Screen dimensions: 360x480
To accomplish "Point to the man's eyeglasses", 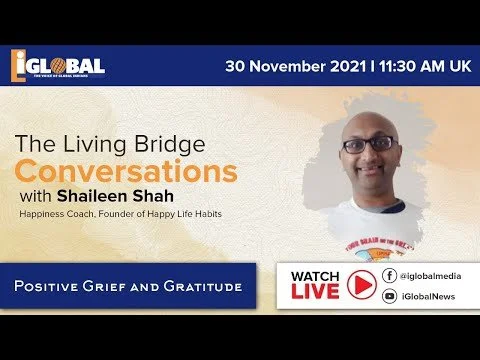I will coord(370,143).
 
